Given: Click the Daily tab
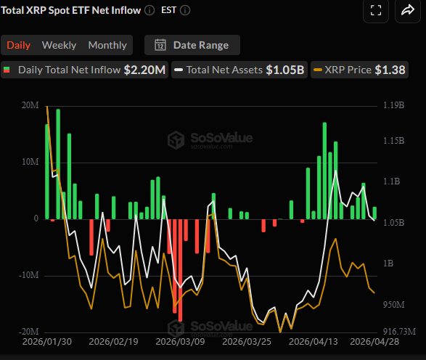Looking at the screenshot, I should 19,45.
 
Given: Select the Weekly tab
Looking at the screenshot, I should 59,45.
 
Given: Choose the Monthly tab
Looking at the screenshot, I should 107,45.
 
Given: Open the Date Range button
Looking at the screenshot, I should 192,45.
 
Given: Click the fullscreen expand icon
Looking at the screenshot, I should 375,10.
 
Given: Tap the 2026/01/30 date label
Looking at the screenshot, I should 47,342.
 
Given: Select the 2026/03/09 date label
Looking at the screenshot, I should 179,342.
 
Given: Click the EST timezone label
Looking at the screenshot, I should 168,11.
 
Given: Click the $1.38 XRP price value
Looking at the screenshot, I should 390,70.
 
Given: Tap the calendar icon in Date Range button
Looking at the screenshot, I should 160,45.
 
